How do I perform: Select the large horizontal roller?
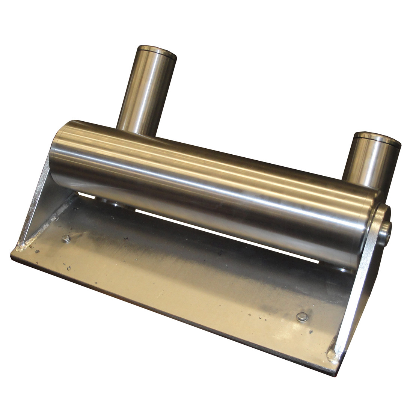(214, 188)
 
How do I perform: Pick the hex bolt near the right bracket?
(301, 317)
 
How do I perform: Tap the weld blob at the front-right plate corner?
(332, 353)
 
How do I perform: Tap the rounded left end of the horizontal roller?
(60, 150)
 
